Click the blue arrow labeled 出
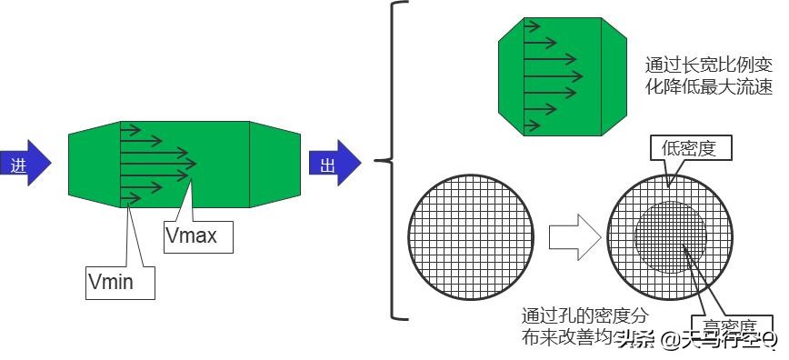(335, 164)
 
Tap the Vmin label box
(120, 281)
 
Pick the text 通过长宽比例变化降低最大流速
(708, 76)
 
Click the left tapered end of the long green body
(95, 163)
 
